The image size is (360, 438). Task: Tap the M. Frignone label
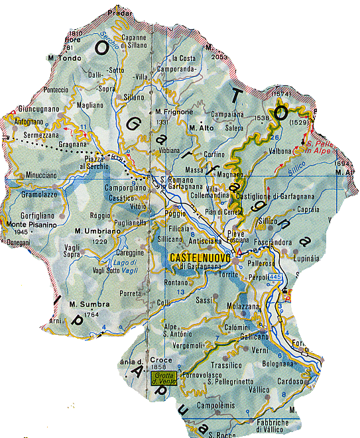[174, 112]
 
